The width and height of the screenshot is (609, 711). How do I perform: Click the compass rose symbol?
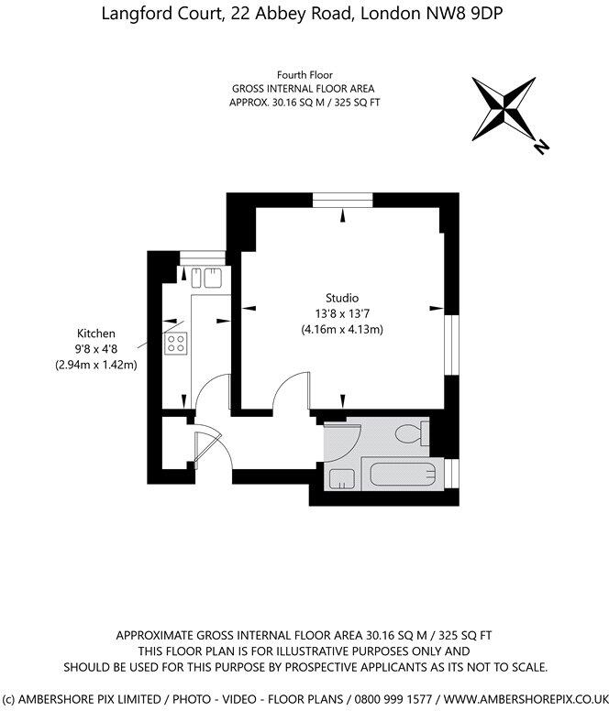[x=504, y=108]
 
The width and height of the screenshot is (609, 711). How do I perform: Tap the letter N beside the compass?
[x=542, y=145]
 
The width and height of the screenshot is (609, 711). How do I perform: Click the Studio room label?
[x=342, y=298]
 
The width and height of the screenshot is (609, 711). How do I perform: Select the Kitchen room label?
[x=96, y=334]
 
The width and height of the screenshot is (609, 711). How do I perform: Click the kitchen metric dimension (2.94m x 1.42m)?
[x=96, y=365]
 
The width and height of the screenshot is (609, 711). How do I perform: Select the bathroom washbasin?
[x=341, y=477]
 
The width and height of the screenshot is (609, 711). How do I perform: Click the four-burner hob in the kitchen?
[x=176, y=344]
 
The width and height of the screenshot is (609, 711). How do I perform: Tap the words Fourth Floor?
[x=304, y=74]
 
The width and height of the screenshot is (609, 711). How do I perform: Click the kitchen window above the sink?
[x=195, y=257]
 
